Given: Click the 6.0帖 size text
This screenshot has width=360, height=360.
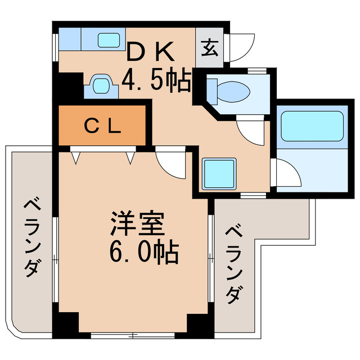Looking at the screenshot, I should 143,253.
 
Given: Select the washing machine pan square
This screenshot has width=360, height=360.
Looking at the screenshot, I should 218,174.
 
